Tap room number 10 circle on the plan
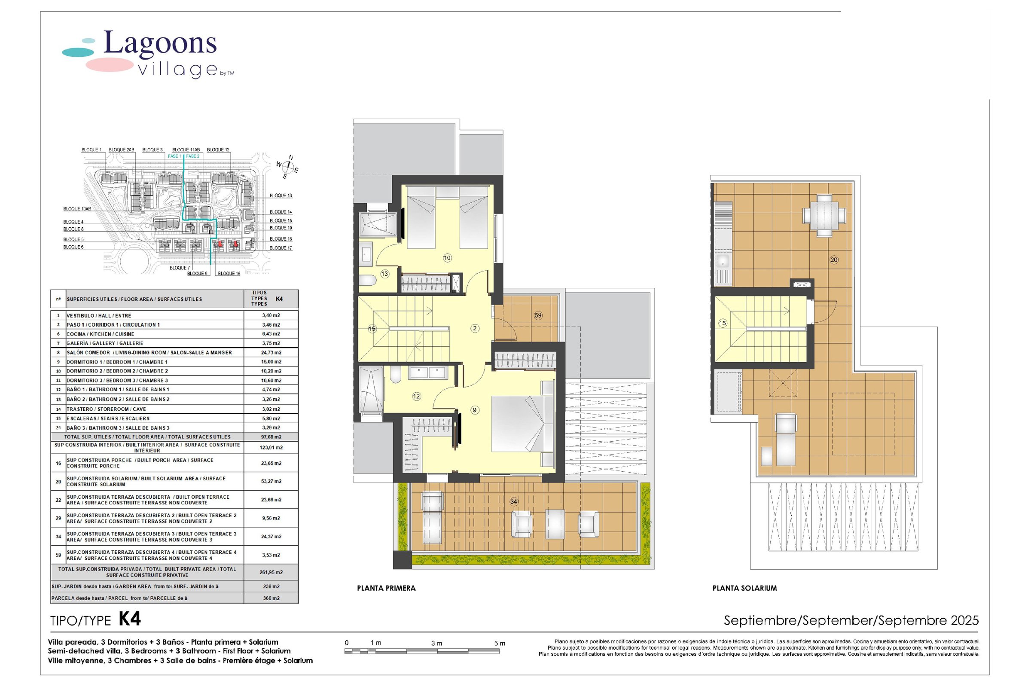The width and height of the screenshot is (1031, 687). point(447,258)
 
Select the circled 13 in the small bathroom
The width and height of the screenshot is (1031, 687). point(384,274)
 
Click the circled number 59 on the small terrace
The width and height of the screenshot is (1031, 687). point(538,315)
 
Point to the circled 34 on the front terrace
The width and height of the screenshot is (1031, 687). point(514,501)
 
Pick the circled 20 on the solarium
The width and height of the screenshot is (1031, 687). point(834,260)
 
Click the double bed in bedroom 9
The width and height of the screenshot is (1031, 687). point(518,424)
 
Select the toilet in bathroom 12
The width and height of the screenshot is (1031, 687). point(395,375)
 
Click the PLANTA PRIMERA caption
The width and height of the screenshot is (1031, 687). point(386,589)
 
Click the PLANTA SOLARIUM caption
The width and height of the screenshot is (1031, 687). point(744,589)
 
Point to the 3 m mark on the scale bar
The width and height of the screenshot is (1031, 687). point(436,643)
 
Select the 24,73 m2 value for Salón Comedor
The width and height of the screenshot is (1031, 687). point(271,353)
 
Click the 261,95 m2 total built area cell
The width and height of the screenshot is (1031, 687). point(271,572)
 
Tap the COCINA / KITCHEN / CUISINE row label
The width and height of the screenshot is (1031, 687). point(100,334)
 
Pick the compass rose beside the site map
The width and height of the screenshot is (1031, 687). point(287,167)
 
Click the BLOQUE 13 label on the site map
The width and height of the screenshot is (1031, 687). point(281,196)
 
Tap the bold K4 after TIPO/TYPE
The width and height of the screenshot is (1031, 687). point(130,620)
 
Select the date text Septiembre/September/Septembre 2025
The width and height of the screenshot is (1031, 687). point(851,620)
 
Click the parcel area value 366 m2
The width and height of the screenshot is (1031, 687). point(271,598)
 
